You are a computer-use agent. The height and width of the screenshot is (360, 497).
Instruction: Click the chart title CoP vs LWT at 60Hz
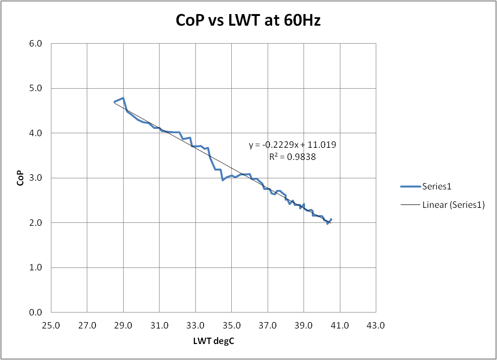click(248, 21)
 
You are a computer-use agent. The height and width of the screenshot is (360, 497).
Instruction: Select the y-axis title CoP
click(19, 178)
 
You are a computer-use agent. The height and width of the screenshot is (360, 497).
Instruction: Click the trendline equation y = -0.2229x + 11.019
click(292, 145)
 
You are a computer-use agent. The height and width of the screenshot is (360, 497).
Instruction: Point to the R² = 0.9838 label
click(292, 157)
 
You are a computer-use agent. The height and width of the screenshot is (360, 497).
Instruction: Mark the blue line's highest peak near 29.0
click(123, 98)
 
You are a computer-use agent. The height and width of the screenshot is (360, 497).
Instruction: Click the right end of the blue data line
click(331, 219)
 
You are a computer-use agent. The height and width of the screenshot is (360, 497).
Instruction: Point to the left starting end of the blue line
click(114, 102)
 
